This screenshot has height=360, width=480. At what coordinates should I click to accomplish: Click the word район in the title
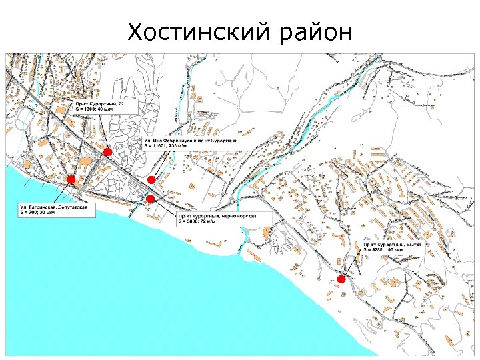coord(317,32)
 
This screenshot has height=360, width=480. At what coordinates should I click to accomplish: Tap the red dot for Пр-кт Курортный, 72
coord(108,152)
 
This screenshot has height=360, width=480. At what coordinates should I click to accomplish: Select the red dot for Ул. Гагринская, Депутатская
coord(70,179)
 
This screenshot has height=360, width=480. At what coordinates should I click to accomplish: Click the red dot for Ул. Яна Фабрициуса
coord(151,180)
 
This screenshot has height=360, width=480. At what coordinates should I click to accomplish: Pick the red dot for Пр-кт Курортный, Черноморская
coord(150,199)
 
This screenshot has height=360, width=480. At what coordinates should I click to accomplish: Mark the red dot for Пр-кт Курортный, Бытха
coord(341,279)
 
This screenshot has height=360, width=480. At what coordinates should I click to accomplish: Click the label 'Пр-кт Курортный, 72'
coord(99,105)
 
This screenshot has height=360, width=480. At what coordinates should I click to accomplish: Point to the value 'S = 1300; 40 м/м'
coord(95,110)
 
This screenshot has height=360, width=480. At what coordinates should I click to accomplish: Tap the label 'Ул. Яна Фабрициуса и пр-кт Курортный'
coord(193,141)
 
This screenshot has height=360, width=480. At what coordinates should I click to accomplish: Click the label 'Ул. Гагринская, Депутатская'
coord(56,208)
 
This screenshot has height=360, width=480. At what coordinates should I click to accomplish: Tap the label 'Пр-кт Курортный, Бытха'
coord(393,245)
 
